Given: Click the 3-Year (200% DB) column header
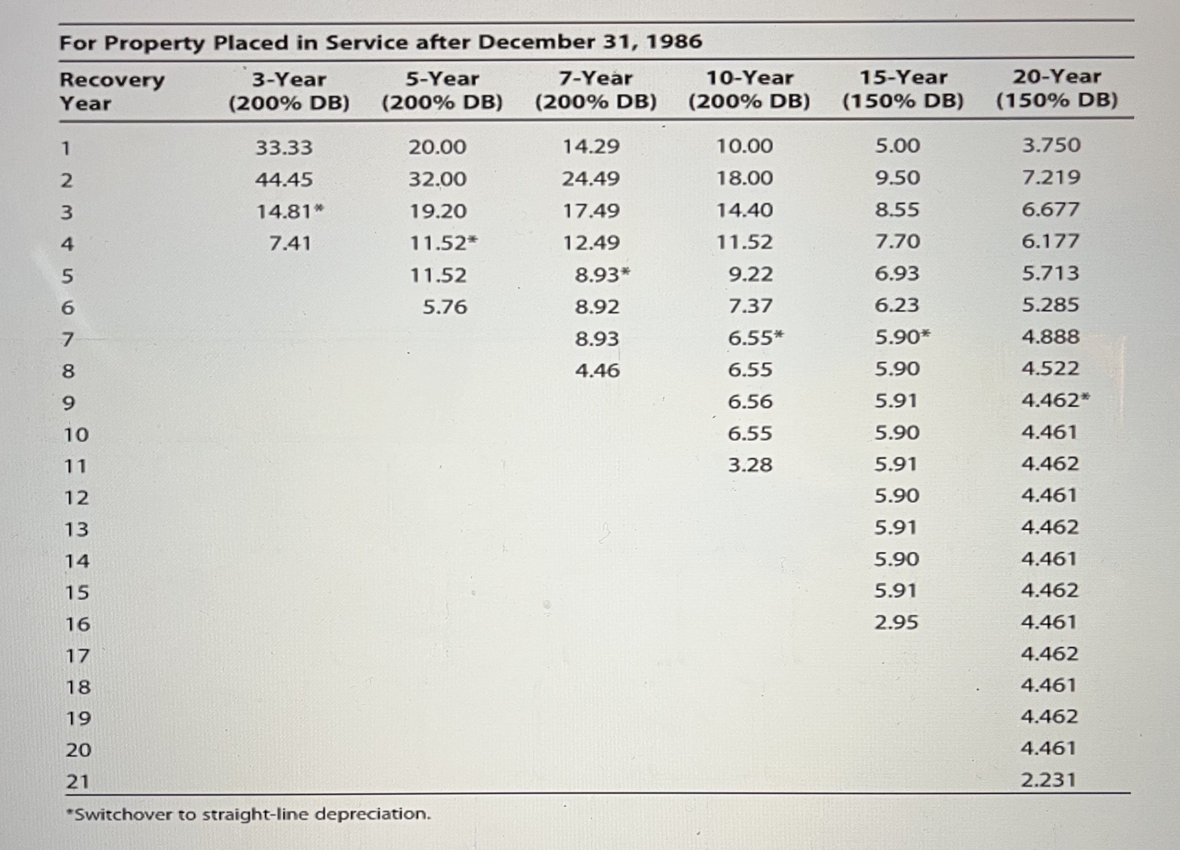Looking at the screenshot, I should click(289, 91).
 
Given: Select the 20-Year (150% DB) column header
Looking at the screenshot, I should click(1057, 88).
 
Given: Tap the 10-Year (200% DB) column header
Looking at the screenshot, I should click(749, 90).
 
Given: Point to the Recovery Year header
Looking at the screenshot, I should click(112, 91).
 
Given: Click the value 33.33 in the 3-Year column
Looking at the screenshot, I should click(284, 148).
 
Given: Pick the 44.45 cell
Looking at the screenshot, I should click(284, 180).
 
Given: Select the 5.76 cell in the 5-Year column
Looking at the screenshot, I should click(445, 307).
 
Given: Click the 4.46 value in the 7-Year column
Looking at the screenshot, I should click(597, 371).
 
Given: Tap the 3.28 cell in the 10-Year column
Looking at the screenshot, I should click(750, 465).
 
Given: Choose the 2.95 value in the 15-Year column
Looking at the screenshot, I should click(896, 623).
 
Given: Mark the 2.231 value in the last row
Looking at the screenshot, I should click(1048, 780).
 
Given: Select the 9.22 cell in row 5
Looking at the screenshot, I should click(750, 274).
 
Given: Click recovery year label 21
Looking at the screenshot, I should click(77, 782).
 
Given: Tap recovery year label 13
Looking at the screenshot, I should click(77, 529).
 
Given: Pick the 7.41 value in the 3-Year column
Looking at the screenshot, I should click(290, 243).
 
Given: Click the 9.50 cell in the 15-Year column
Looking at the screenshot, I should click(898, 178).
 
